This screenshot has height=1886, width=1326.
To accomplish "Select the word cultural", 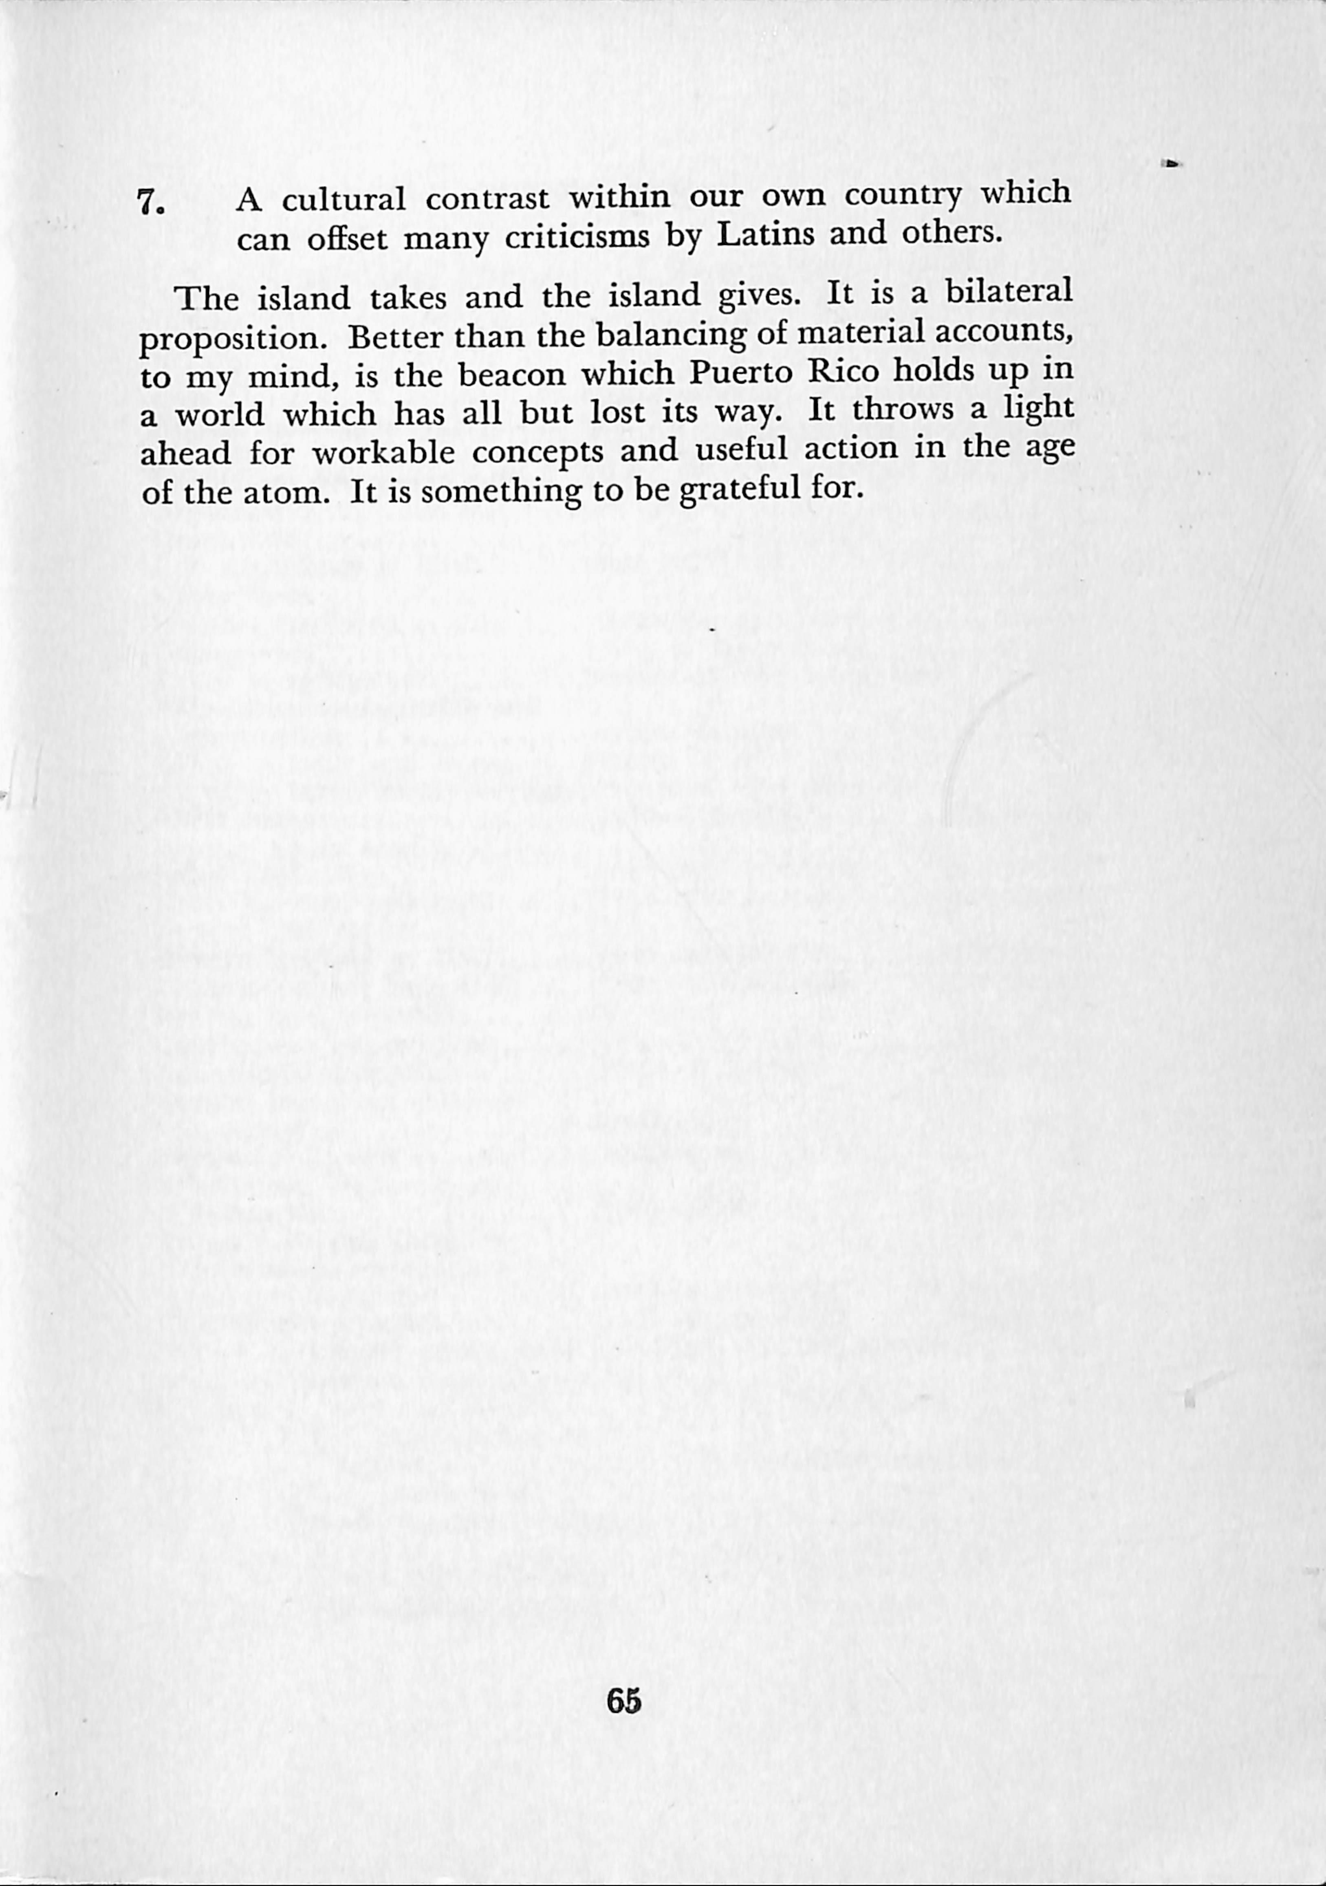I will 344,200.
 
